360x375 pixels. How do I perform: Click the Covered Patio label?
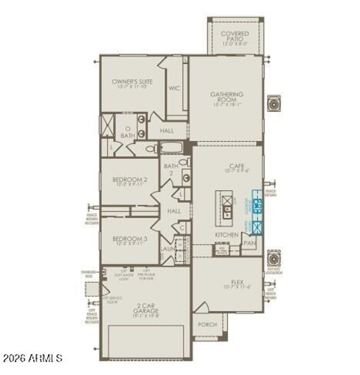(x=235, y=36)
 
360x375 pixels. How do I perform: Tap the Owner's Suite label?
(x=132, y=82)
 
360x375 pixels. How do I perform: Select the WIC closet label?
(x=174, y=88)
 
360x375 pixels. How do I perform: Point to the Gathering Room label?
(x=227, y=97)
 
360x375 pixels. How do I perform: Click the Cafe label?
(x=237, y=166)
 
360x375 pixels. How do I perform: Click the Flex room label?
(x=237, y=282)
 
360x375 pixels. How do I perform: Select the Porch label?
(x=207, y=325)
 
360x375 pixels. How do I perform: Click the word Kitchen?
(x=227, y=235)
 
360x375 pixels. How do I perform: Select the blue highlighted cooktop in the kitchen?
(x=258, y=206)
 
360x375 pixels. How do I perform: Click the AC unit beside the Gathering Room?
(x=274, y=103)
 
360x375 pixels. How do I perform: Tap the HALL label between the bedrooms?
(x=174, y=211)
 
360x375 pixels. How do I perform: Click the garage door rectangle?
(x=146, y=341)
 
